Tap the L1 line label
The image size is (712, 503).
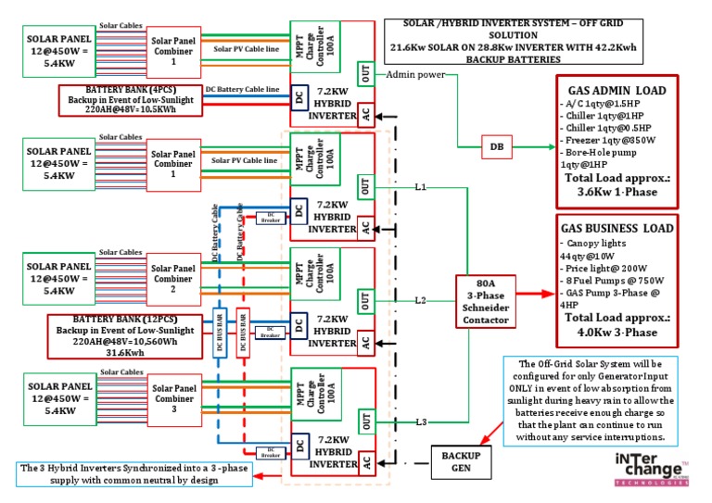[x=421, y=187]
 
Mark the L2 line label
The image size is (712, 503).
[x=421, y=301]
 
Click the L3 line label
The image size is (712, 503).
[x=421, y=422]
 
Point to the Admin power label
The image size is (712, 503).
[x=414, y=75]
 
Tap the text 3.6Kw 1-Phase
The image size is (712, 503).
[x=617, y=195]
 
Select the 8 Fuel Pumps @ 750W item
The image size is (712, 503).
[x=615, y=279]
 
